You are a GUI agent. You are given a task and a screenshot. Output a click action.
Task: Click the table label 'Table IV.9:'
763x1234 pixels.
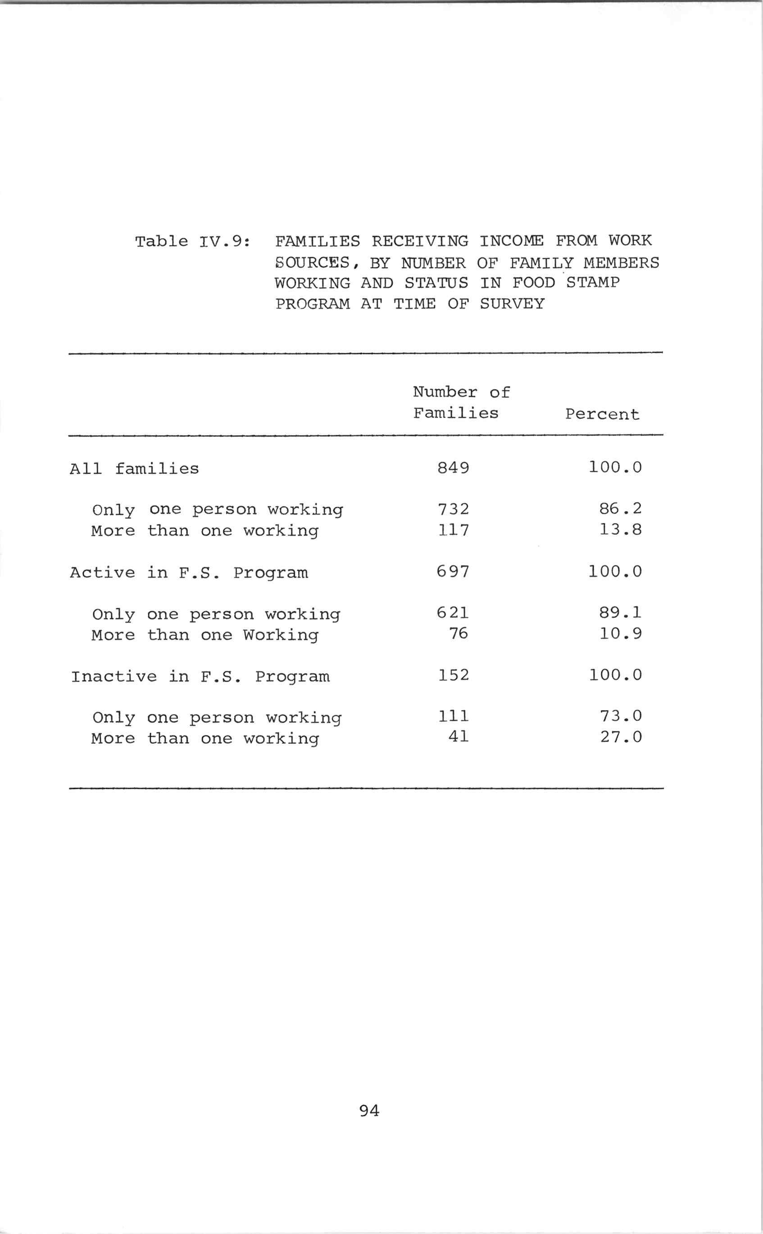(192, 241)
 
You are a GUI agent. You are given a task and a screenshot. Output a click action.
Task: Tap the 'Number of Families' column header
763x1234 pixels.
(460, 403)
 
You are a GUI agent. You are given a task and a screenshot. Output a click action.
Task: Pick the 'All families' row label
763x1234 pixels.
(134, 469)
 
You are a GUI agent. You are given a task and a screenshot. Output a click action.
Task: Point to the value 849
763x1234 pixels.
(453, 468)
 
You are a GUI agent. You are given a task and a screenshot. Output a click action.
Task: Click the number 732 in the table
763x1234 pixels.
(453, 509)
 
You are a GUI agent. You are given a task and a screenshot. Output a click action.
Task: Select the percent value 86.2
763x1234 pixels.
(620, 509)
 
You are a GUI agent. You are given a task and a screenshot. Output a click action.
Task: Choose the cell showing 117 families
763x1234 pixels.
(453, 530)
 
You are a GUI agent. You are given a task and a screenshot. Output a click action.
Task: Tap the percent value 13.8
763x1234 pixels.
(620, 530)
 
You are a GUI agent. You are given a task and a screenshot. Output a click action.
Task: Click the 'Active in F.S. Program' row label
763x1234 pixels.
(189, 573)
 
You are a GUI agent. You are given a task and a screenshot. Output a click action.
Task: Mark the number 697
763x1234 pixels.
(453, 571)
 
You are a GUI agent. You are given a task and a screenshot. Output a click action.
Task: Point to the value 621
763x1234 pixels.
(453, 613)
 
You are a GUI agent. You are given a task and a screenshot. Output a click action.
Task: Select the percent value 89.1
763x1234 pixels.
(620, 613)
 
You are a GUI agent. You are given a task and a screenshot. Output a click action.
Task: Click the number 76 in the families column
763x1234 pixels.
(458, 633)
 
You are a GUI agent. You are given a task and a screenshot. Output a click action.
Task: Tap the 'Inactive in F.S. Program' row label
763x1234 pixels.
(200, 677)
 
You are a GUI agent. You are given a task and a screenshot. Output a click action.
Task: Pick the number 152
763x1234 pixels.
(453, 675)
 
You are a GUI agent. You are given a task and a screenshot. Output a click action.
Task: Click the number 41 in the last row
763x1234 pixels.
(458, 738)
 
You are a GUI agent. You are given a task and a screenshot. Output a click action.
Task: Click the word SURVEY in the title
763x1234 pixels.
(512, 304)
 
